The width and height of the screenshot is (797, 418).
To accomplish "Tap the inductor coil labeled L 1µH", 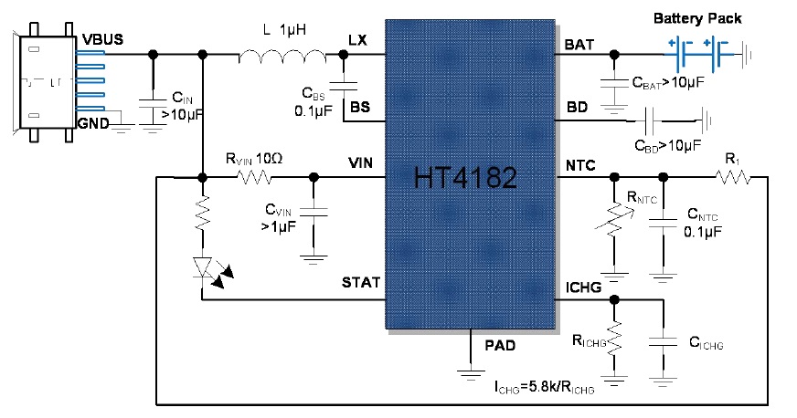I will point(282,57).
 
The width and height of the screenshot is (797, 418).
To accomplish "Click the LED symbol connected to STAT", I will point(204,267).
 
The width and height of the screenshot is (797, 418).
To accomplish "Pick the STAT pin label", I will point(361,283).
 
